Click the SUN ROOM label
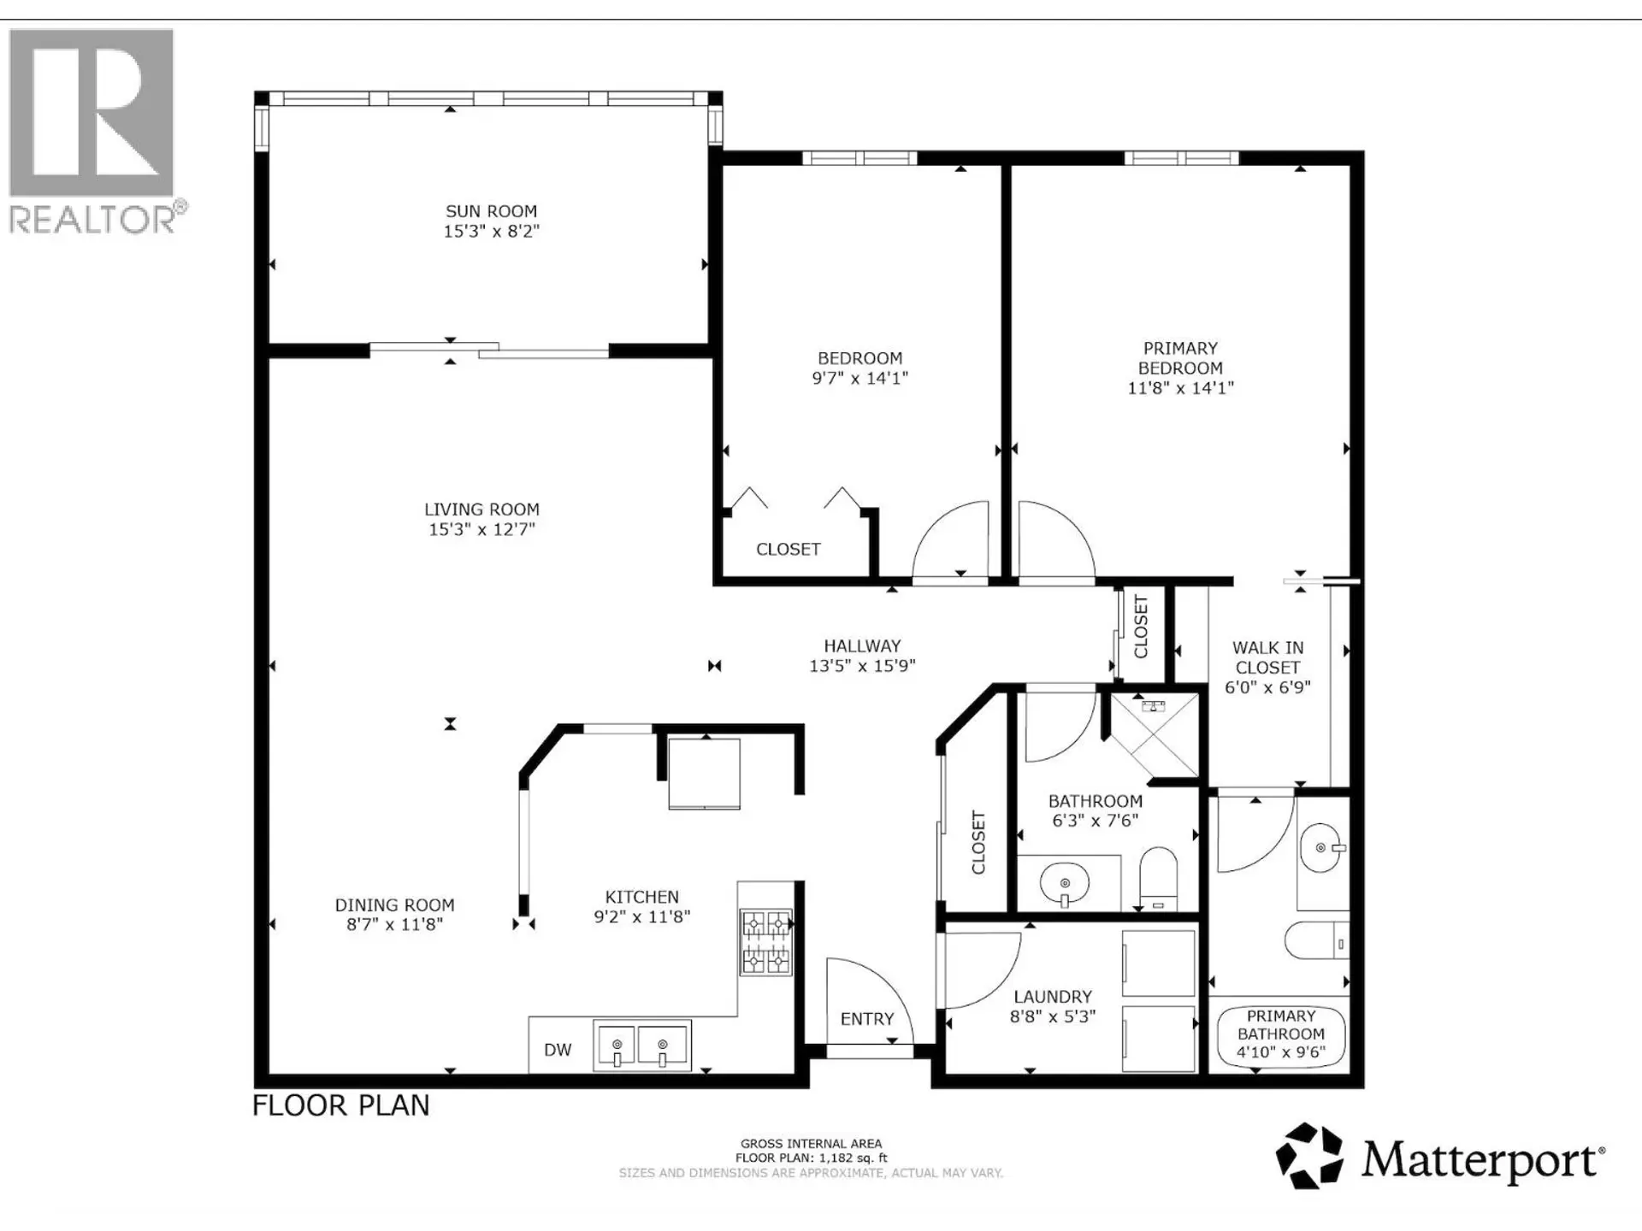[x=491, y=211]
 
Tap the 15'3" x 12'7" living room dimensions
[x=481, y=529]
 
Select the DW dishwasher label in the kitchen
[x=558, y=1050]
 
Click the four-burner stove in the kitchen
[x=765, y=943]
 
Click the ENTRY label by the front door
[x=866, y=1019]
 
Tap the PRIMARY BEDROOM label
[x=1180, y=358]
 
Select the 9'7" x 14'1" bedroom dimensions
[x=859, y=378]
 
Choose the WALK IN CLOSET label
[x=1267, y=657]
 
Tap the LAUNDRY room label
[x=1052, y=997]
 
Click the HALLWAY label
[x=862, y=646]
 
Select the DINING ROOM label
[x=394, y=904]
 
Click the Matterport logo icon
[x=1308, y=1156]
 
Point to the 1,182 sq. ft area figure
[x=853, y=1158]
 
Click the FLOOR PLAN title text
[x=340, y=1105]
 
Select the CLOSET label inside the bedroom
[x=788, y=550]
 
